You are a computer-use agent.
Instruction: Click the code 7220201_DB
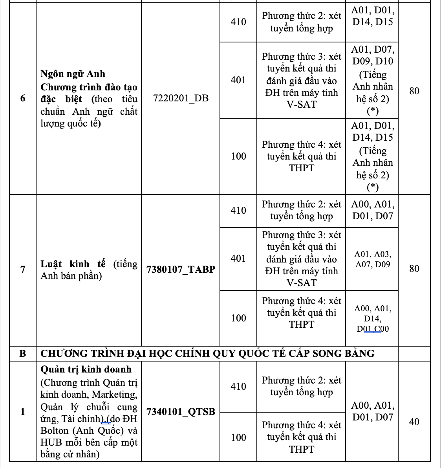(x=181, y=98)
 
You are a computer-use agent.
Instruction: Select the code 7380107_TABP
(x=181, y=270)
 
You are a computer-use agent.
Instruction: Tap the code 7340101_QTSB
(x=181, y=411)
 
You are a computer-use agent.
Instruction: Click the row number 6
(x=23, y=98)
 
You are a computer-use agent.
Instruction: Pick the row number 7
(x=23, y=270)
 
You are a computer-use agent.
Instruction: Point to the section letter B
(x=23, y=353)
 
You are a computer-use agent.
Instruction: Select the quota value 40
(x=414, y=422)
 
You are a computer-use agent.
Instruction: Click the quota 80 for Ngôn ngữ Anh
(x=414, y=91)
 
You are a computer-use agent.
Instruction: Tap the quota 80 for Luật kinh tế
(x=414, y=269)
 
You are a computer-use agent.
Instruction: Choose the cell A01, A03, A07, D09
(x=372, y=259)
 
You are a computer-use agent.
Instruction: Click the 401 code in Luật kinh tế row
(x=238, y=259)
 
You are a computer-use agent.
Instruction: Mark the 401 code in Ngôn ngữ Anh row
(x=238, y=80)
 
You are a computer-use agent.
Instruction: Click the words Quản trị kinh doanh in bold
(x=86, y=369)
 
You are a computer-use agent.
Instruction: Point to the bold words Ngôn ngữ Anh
(x=73, y=74)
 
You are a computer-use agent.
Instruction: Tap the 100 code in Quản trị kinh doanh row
(x=238, y=437)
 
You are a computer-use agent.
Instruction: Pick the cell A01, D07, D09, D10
(x=372, y=55)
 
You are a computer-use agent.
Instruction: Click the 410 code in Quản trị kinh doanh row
(x=238, y=387)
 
